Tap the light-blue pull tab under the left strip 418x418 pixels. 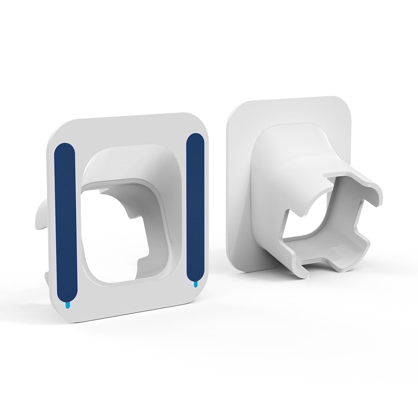click(x=67, y=305)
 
